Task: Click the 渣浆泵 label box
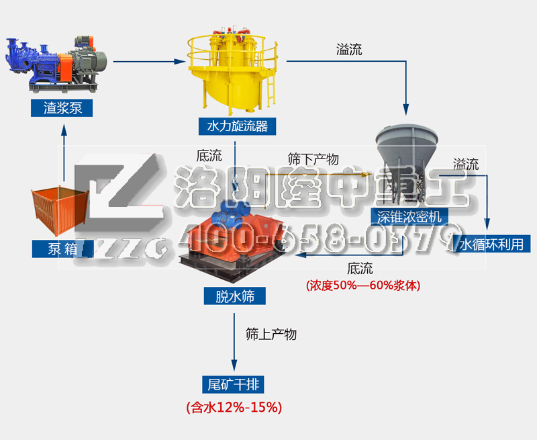coord(62,108)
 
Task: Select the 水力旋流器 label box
coord(238,126)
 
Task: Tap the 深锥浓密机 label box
coord(409,216)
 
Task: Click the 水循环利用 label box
coord(491,244)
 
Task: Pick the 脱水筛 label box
coord(234,296)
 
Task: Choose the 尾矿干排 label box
coord(233,384)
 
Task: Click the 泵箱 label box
coord(62,249)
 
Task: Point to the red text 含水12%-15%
coord(234,408)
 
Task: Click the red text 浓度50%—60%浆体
coord(363,285)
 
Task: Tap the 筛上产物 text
coord(271,334)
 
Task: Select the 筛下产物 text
coord(313,159)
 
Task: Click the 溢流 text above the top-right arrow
coord(349,49)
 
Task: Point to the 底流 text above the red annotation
coord(360,268)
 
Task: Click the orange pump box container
coord(60,210)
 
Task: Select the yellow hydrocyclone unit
coord(232,71)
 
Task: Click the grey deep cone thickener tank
coord(407,165)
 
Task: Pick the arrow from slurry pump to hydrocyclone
coord(149,62)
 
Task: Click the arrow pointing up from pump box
coord(64,152)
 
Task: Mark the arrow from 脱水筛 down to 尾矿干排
coord(234,342)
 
